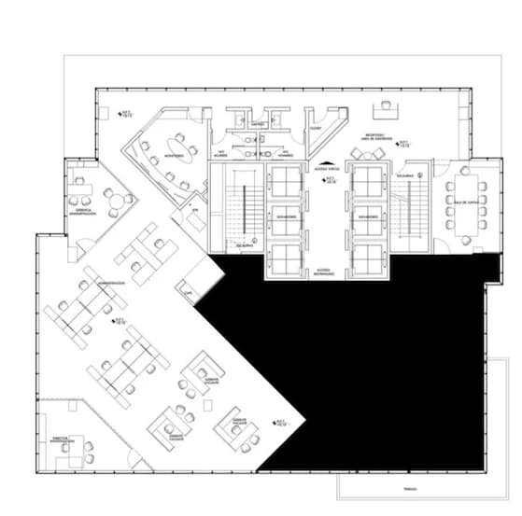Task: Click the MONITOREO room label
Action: point(175,155)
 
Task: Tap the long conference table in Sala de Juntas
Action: point(463,204)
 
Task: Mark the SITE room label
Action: point(196,212)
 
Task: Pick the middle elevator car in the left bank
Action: point(283,216)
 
